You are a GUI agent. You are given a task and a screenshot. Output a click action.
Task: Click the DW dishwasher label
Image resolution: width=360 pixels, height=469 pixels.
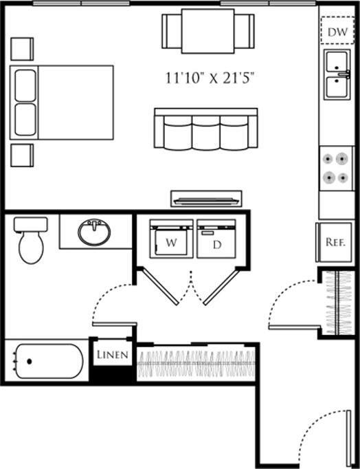(336, 32)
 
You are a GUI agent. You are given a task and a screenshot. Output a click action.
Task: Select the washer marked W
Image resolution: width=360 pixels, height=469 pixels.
(171, 239)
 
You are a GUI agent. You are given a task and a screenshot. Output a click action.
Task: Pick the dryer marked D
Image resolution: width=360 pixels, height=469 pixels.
(216, 239)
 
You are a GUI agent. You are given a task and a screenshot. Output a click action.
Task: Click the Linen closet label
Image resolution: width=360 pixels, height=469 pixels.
(111, 355)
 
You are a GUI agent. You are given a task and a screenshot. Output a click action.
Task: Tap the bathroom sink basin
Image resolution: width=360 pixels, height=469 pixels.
(94, 233)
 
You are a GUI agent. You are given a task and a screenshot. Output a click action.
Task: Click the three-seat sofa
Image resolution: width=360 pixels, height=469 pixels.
(205, 129)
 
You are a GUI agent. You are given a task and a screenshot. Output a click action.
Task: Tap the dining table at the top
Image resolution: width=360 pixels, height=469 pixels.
(207, 31)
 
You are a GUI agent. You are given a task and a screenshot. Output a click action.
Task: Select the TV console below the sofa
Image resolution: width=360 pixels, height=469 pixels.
(206, 199)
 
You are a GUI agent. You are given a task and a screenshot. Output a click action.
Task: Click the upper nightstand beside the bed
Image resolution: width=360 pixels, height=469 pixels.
(21, 47)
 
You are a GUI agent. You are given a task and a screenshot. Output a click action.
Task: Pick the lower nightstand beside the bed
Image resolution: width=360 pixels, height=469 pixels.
(21, 155)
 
